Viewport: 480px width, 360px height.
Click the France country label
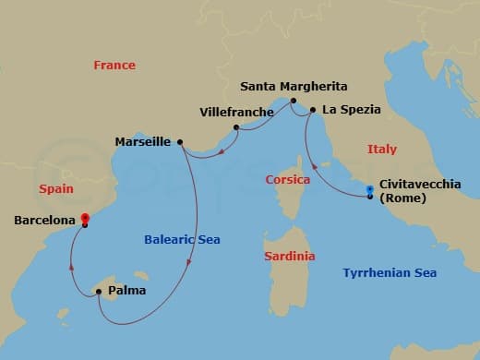114,66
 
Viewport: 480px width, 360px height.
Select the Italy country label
382,149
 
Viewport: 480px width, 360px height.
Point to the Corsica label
287,179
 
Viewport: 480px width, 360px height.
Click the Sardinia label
289,256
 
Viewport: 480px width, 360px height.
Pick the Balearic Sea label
182,240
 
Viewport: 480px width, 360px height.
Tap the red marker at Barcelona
84,220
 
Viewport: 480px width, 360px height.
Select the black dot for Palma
99,292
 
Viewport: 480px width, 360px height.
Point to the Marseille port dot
180,142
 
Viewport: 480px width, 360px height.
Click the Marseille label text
142,142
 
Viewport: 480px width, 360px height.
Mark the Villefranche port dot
236,127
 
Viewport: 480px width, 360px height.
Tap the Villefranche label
236,113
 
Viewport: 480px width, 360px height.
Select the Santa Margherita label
294,87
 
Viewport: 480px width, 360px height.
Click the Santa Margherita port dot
293,101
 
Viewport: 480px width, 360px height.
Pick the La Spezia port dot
313,111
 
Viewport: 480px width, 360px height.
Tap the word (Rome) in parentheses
402,198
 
